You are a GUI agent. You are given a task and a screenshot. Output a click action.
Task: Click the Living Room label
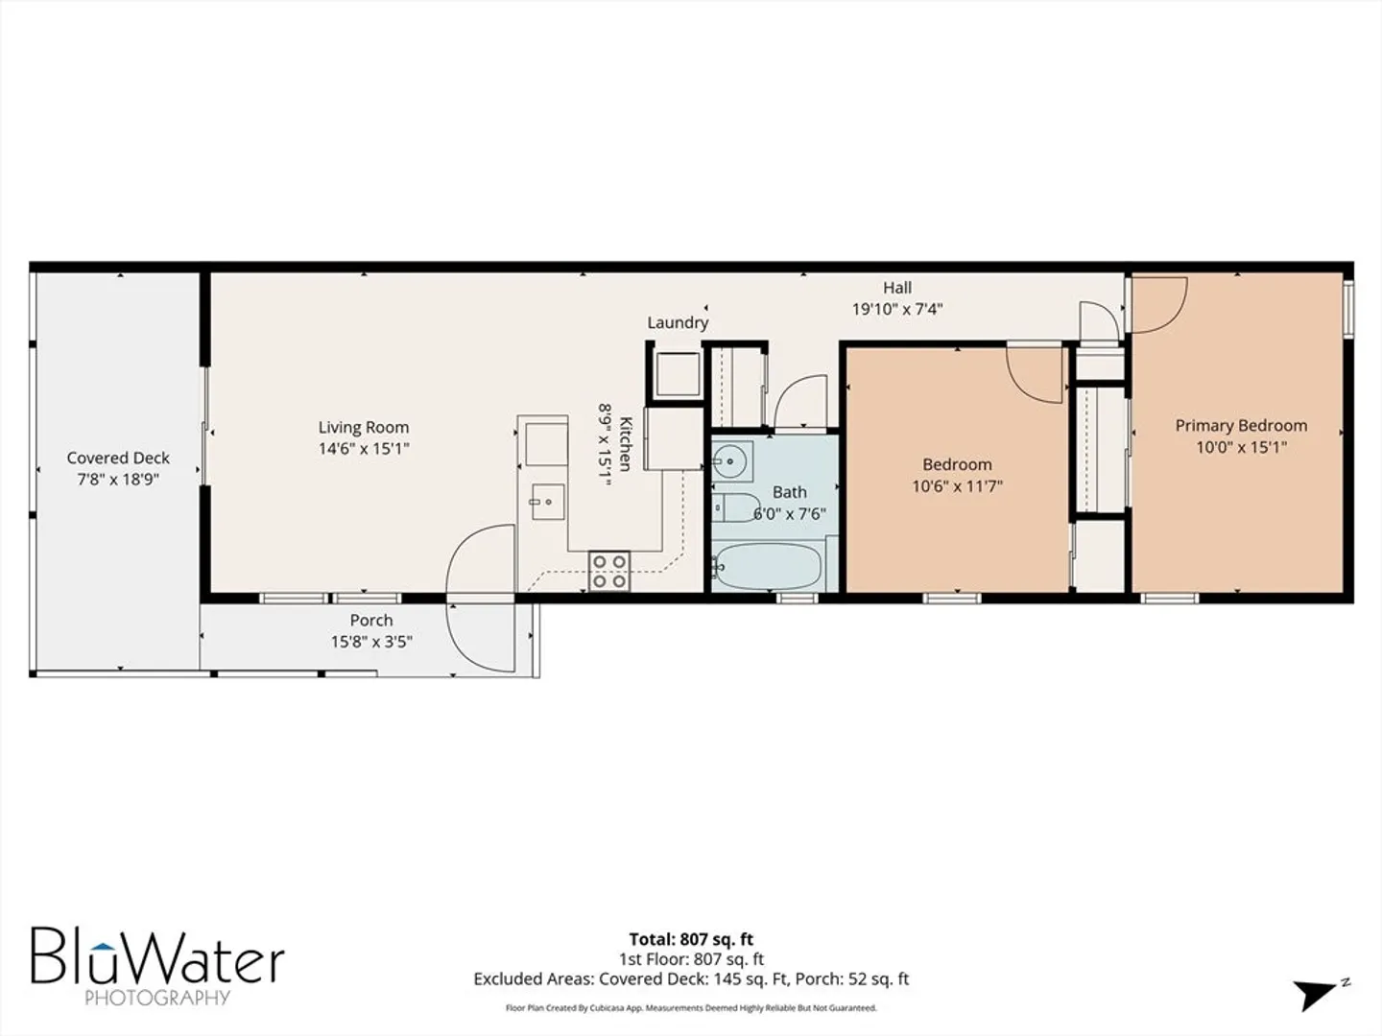point(364,427)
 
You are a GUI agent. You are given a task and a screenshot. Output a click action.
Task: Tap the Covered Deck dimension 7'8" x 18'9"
point(118,480)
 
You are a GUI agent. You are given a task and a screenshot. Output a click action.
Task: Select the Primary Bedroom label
point(1241,426)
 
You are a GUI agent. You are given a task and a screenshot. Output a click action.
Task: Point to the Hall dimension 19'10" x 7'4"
point(897,310)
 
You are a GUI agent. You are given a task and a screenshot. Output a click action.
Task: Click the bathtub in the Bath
point(769,566)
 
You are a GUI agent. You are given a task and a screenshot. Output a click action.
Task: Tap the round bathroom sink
point(730,461)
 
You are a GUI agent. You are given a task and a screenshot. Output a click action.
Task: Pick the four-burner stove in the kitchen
point(608,571)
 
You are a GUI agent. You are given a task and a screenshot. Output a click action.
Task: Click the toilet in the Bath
point(736,508)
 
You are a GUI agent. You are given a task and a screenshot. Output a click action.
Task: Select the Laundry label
point(679,322)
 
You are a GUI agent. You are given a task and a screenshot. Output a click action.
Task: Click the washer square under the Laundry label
point(678,374)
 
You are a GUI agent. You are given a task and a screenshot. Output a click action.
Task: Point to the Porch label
point(371,621)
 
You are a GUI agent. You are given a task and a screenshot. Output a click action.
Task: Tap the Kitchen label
point(625,443)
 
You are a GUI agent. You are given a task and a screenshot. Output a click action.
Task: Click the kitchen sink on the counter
point(548,502)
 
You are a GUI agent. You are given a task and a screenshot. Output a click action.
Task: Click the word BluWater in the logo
point(158,956)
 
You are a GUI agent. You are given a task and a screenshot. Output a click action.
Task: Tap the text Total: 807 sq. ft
point(691,940)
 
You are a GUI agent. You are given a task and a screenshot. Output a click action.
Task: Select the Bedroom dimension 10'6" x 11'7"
point(957,486)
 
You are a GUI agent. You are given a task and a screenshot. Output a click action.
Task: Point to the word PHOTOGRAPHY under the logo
point(157,999)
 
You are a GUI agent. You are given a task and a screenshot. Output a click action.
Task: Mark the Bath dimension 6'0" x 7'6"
point(790,514)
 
